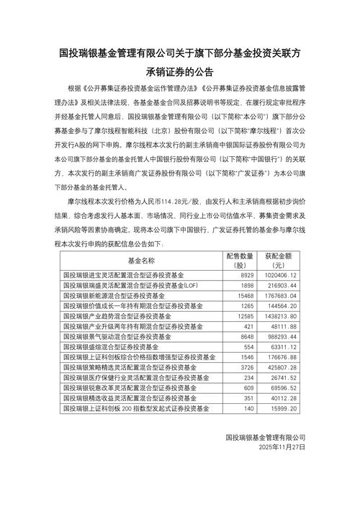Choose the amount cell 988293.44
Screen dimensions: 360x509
coord(283,336)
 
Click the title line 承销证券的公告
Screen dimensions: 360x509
coord(180,72)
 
